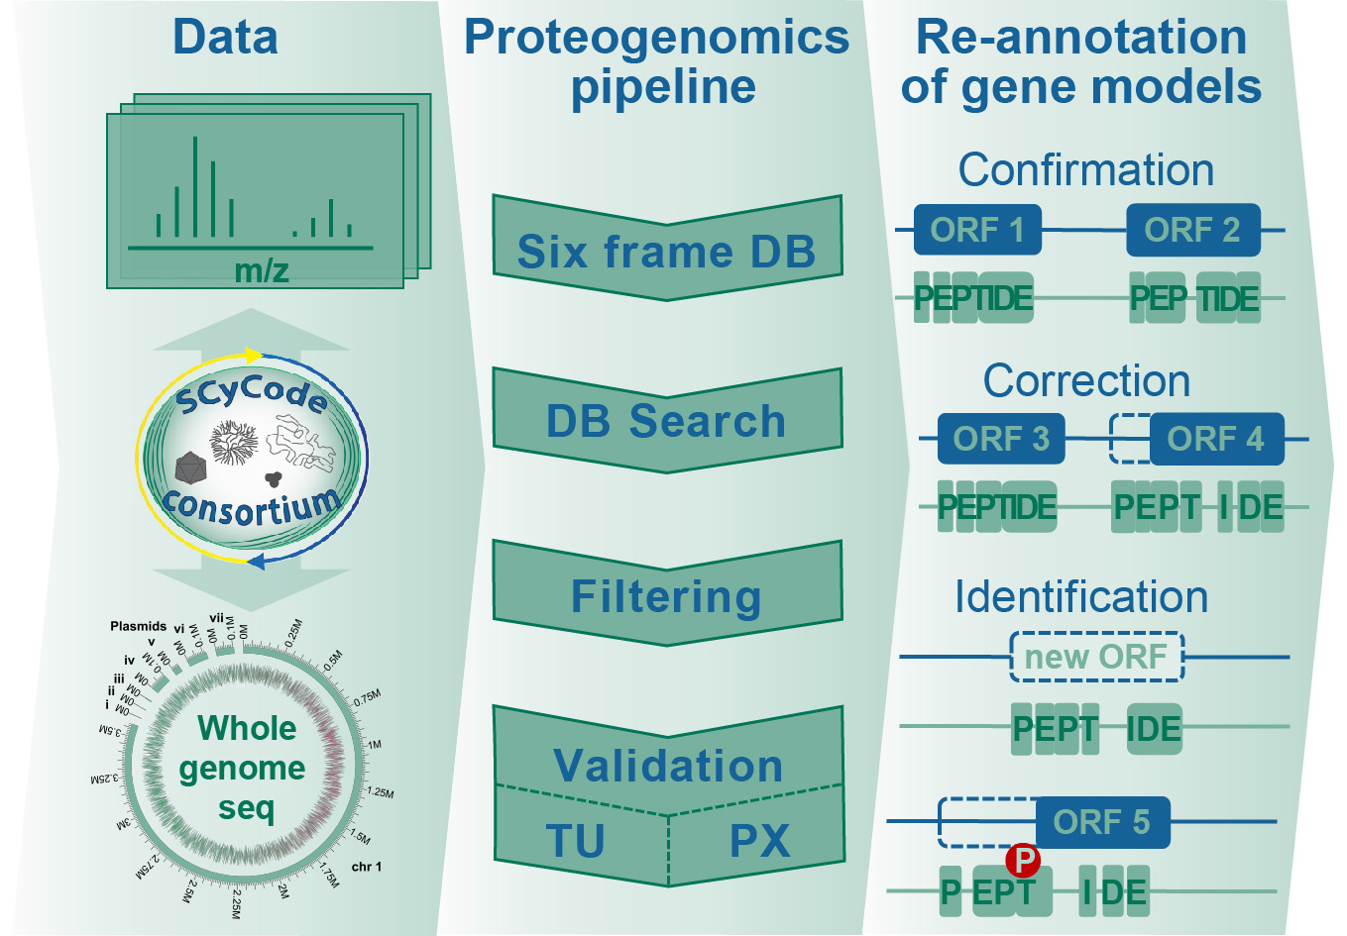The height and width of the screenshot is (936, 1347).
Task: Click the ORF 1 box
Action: coord(976,230)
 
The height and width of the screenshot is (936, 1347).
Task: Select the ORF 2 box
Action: coord(1192,230)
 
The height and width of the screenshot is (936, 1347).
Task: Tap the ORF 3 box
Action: coord(1001,439)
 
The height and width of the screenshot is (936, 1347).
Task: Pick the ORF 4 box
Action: coord(1216,439)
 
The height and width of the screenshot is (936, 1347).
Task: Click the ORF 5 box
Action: coord(1102,822)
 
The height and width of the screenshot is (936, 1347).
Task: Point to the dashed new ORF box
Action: coord(1096,657)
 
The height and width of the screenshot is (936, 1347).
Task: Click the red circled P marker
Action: coord(1022,861)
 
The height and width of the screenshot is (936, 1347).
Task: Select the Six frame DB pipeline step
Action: coord(667,251)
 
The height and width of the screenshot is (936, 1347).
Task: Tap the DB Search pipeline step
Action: coord(667,421)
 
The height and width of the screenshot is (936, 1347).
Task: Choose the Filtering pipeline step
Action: coord(667,596)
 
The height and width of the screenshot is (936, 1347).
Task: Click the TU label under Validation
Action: coord(576,842)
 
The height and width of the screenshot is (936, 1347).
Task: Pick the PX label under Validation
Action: coord(759,842)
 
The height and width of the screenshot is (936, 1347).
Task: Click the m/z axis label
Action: coord(262,270)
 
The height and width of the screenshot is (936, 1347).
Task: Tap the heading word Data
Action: coord(225,38)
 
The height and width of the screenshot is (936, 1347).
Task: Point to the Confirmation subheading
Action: coord(1085,170)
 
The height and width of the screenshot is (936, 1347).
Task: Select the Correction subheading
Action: coord(1086,381)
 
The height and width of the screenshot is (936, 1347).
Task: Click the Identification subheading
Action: coord(1081,597)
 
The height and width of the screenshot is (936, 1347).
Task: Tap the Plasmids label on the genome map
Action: coord(139,626)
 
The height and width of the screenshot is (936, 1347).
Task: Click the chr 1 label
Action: coord(366,867)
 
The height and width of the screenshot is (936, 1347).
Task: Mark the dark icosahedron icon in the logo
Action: coord(189,468)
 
